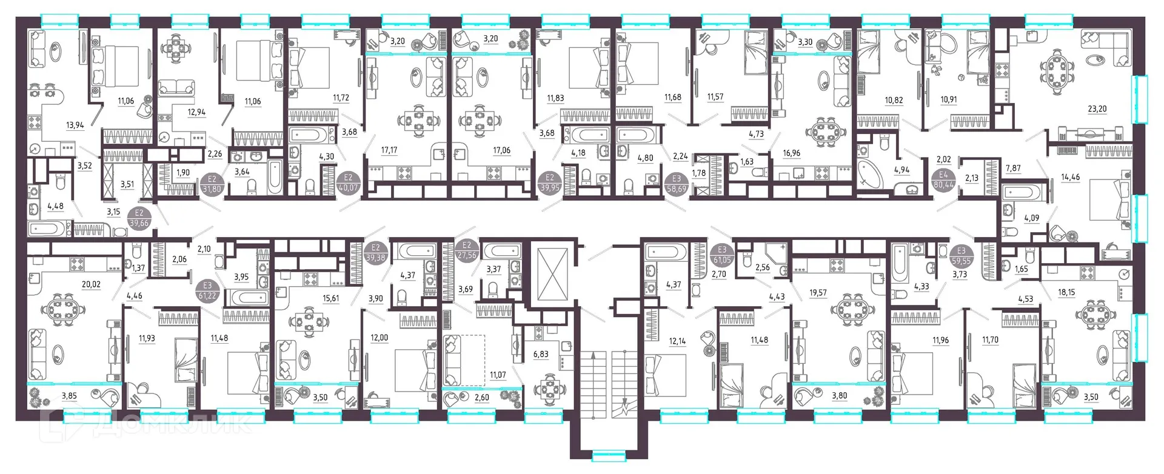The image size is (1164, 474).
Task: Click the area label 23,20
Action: (x=1097, y=109)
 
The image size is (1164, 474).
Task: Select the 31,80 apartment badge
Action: (x=212, y=184)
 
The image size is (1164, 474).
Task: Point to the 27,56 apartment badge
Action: (x=467, y=251)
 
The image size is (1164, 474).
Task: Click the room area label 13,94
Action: (x=75, y=125)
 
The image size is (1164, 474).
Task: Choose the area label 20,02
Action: (x=91, y=284)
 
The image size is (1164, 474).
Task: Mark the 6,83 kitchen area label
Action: (x=540, y=355)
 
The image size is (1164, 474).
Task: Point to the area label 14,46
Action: (x=1070, y=178)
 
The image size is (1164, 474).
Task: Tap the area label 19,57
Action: (x=818, y=293)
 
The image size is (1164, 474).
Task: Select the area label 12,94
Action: (x=196, y=112)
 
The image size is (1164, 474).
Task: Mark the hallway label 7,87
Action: (x=1013, y=169)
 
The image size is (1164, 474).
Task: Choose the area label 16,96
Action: (x=791, y=153)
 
